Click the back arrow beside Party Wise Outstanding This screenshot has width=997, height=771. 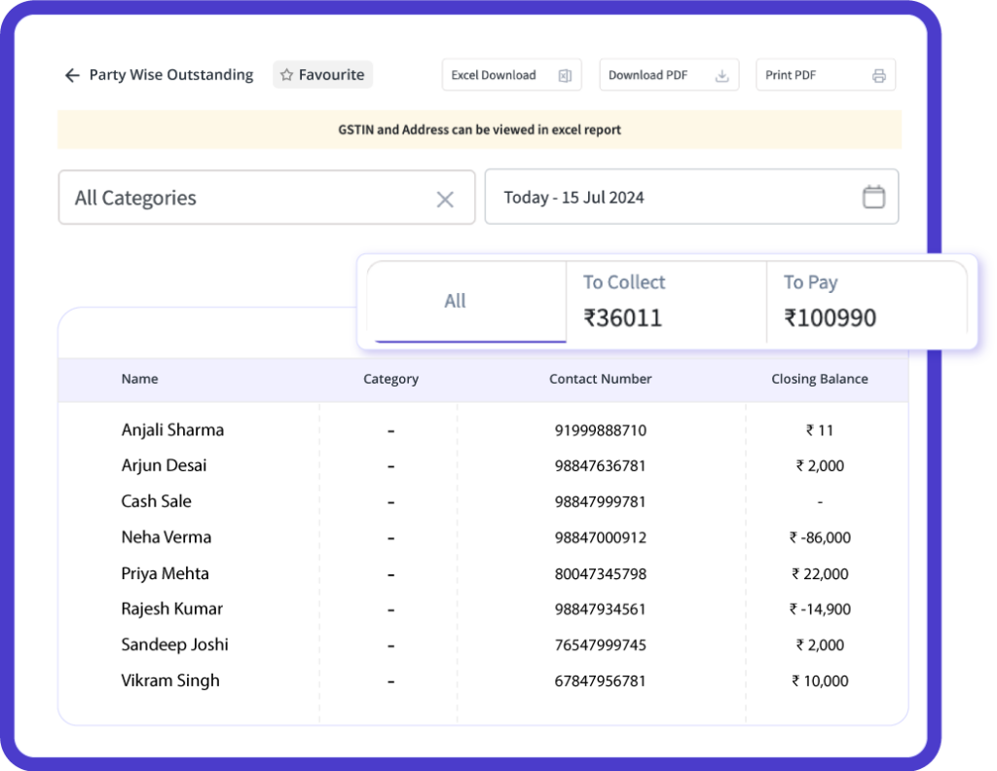coord(72,75)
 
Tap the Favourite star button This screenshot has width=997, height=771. coord(322,75)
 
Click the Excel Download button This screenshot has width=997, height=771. coord(511,75)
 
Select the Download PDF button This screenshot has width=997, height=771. coord(669,75)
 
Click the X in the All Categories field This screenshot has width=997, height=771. coord(445,199)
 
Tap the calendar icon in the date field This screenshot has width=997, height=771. coord(873,197)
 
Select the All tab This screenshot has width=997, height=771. coord(456,301)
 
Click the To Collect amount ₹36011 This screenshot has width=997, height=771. coord(623,317)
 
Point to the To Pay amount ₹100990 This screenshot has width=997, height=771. coord(831,317)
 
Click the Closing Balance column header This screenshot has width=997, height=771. coord(820,379)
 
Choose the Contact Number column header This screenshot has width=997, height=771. coord(601,379)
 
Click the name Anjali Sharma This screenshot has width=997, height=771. coord(172,429)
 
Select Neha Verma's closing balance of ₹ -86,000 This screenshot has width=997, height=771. coord(820,537)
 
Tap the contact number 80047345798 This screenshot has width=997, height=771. coord(601,573)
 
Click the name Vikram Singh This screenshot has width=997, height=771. coord(170,680)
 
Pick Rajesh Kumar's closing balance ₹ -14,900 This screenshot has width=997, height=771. coord(820,609)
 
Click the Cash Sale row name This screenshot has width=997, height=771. coord(156,501)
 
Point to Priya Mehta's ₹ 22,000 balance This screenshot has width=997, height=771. coord(820,573)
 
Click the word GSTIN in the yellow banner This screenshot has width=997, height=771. coord(355,129)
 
